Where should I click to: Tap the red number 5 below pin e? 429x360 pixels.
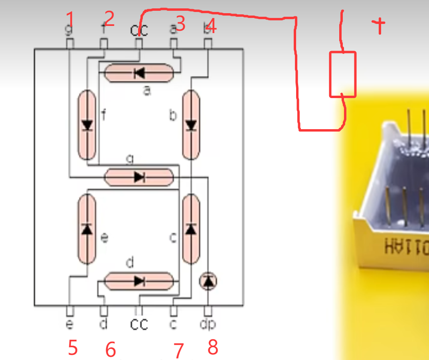pyautogui.click(x=72, y=348)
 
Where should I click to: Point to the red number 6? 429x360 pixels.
pyautogui.click(x=111, y=350)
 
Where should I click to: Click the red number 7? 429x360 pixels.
pyautogui.click(x=178, y=351)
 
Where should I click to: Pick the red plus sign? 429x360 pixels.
pyautogui.click(x=379, y=26)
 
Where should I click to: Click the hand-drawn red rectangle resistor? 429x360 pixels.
pyautogui.click(x=342, y=74)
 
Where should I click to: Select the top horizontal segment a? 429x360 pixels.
pyautogui.click(x=139, y=73)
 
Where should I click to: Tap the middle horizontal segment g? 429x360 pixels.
pyautogui.click(x=139, y=177)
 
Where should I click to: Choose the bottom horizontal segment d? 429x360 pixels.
pyautogui.click(x=139, y=281)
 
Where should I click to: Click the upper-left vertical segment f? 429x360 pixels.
pyautogui.click(x=87, y=125)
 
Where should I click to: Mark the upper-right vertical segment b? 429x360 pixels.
pyautogui.click(x=191, y=125)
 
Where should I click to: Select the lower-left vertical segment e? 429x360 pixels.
pyautogui.click(x=87, y=229)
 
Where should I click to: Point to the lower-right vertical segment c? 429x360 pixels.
pyautogui.click(x=191, y=229)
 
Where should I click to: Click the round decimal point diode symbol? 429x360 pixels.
pyautogui.click(x=208, y=281)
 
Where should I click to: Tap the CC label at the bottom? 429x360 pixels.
pyautogui.click(x=139, y=325)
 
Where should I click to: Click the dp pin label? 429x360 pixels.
pyautogui.click(x=208, y=325)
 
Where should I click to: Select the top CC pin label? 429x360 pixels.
pyautogui.click(x=139, y=30)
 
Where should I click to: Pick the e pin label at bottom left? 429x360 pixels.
pyautogui.click(x=69, y=325)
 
